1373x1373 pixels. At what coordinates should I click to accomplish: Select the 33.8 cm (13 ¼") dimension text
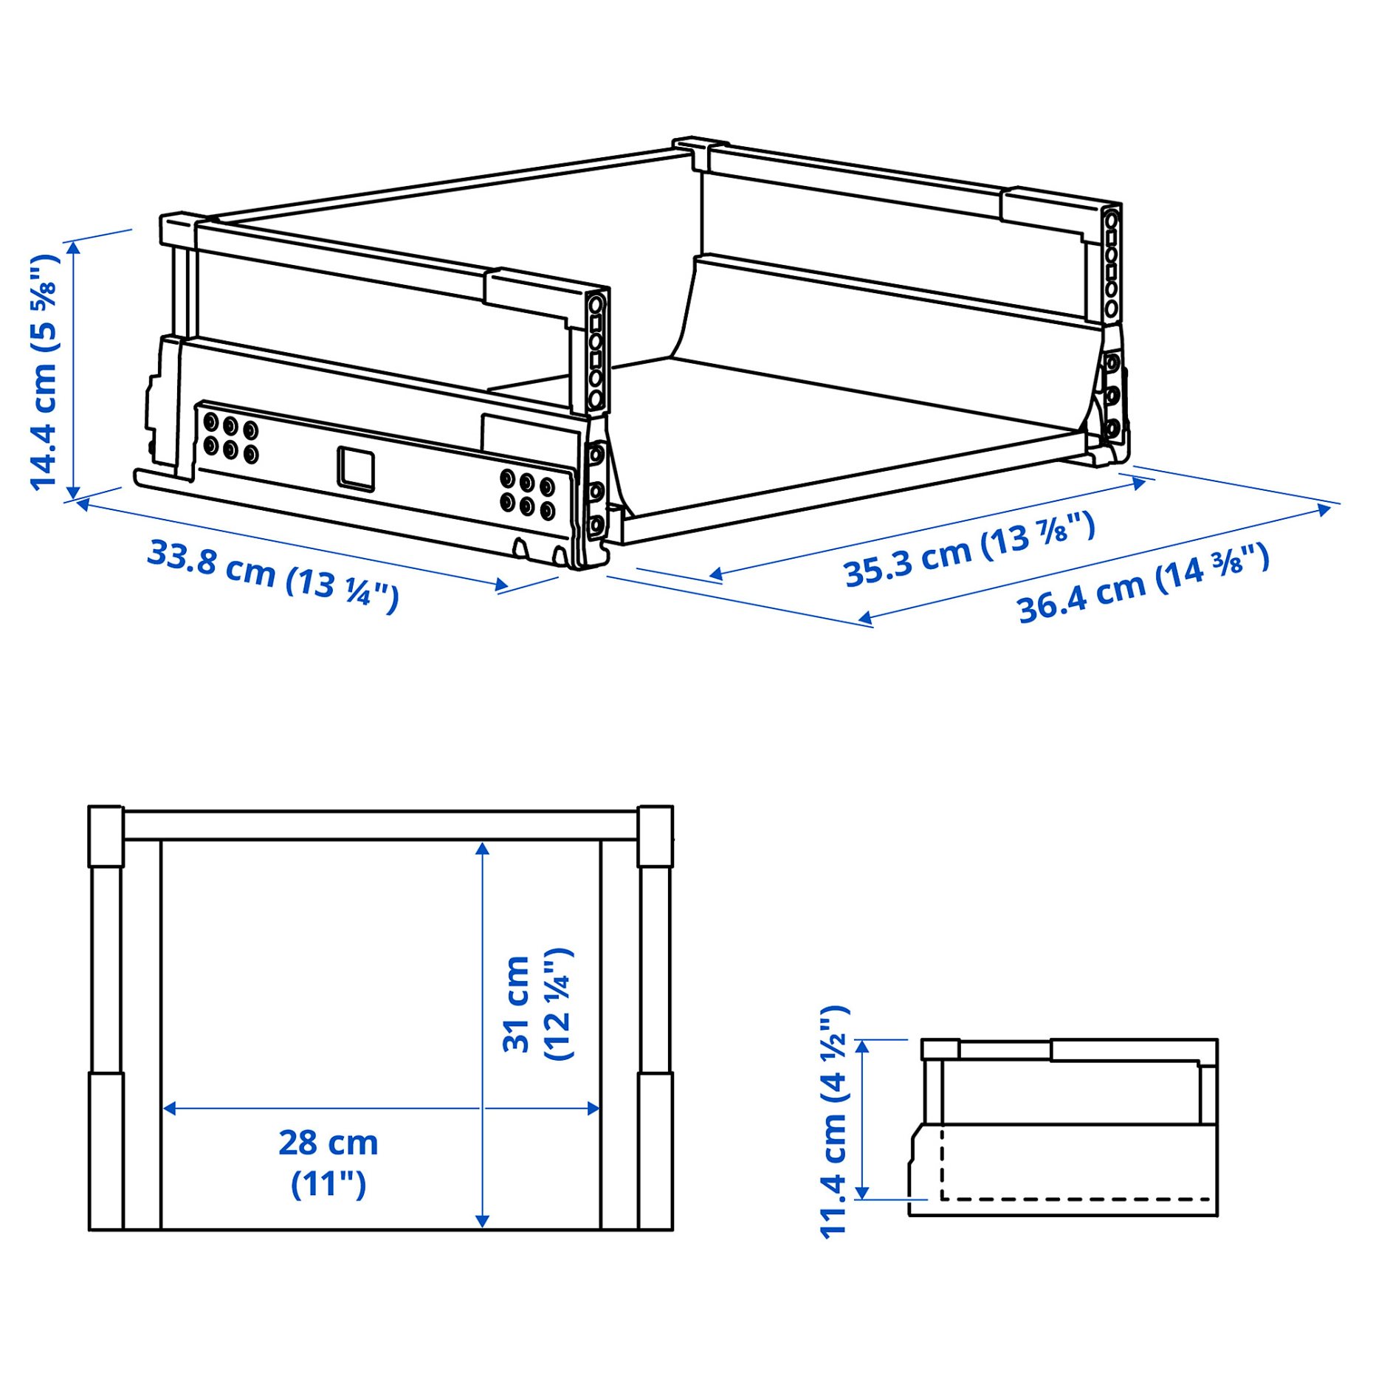click(272, 575)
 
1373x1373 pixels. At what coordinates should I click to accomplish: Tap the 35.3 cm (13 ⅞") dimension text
click(968, 549)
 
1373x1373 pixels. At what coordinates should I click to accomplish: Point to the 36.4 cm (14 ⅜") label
click(1143, 583)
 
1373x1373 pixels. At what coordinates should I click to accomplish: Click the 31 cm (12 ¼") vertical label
click(537, 1005)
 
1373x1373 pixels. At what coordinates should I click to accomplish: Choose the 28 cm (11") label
click(328, 1163)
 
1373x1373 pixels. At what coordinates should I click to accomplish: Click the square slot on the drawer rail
click(356, 468)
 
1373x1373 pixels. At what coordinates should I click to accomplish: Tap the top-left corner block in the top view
click(106, 835)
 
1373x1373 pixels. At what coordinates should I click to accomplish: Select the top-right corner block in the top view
click(655, 835)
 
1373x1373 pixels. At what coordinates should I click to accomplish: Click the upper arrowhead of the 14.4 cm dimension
click(73, 247)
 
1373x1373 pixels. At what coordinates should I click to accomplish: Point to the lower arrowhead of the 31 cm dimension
click(482, 1220)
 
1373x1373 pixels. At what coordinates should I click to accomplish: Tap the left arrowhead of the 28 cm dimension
click(169, 1108)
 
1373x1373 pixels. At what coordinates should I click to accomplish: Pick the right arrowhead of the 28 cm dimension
click(593, 1108)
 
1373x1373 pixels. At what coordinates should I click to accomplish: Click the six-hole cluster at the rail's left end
click(230, 438)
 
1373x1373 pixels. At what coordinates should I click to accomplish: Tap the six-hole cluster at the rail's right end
click(527, 492)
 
